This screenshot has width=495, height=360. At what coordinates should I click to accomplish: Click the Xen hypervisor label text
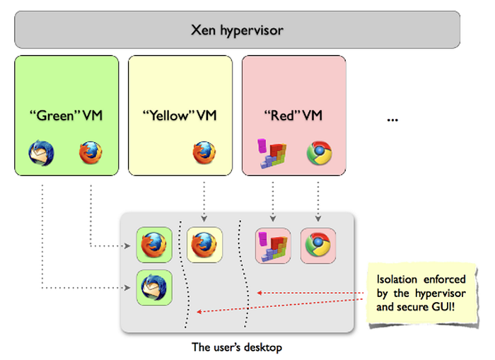237,30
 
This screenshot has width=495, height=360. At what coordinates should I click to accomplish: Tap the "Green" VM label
66,115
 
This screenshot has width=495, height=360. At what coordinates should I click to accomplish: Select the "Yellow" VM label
180,115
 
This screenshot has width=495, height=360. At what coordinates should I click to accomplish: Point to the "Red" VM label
293,115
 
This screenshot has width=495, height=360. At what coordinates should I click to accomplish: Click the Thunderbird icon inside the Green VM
41,153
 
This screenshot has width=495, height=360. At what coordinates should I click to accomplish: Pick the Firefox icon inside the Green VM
91,153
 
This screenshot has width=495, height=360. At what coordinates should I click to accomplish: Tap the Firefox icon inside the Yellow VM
204,153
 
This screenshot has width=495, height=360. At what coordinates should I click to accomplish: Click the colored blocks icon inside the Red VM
272,153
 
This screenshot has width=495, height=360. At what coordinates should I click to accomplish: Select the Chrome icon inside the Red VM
319,153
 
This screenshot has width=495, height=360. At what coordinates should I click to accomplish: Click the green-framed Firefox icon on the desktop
154,245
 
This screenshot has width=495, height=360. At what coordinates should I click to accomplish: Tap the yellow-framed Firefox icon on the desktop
204,245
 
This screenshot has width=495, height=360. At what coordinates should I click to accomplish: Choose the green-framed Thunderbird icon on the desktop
154,288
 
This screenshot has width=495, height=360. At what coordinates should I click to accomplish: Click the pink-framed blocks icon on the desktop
273,245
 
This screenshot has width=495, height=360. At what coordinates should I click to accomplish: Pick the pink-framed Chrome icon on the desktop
318,245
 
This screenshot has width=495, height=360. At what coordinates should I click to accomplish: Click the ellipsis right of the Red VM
392,120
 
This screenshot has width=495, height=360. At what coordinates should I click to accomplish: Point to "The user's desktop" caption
237,347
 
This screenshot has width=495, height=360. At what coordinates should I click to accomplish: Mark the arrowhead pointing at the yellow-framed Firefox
204,219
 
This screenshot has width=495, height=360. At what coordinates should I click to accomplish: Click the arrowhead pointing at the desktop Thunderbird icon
127,288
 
